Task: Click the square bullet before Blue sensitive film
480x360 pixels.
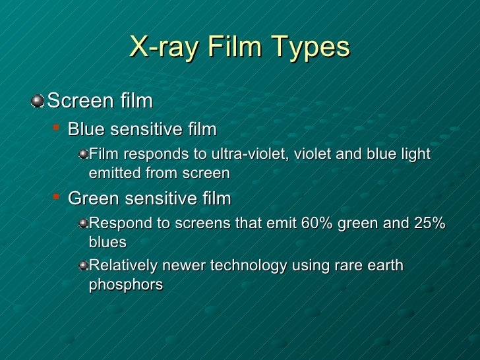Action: (57, 127)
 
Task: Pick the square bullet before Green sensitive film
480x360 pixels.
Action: (57, 196)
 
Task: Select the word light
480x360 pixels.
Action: (413, 154)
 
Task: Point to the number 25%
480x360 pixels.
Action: (430, 224)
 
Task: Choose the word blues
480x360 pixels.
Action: (107, 243)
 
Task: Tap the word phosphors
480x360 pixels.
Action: (125, 285)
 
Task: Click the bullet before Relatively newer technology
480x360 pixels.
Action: (82, 266)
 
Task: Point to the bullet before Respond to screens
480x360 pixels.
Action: (82, 224)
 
